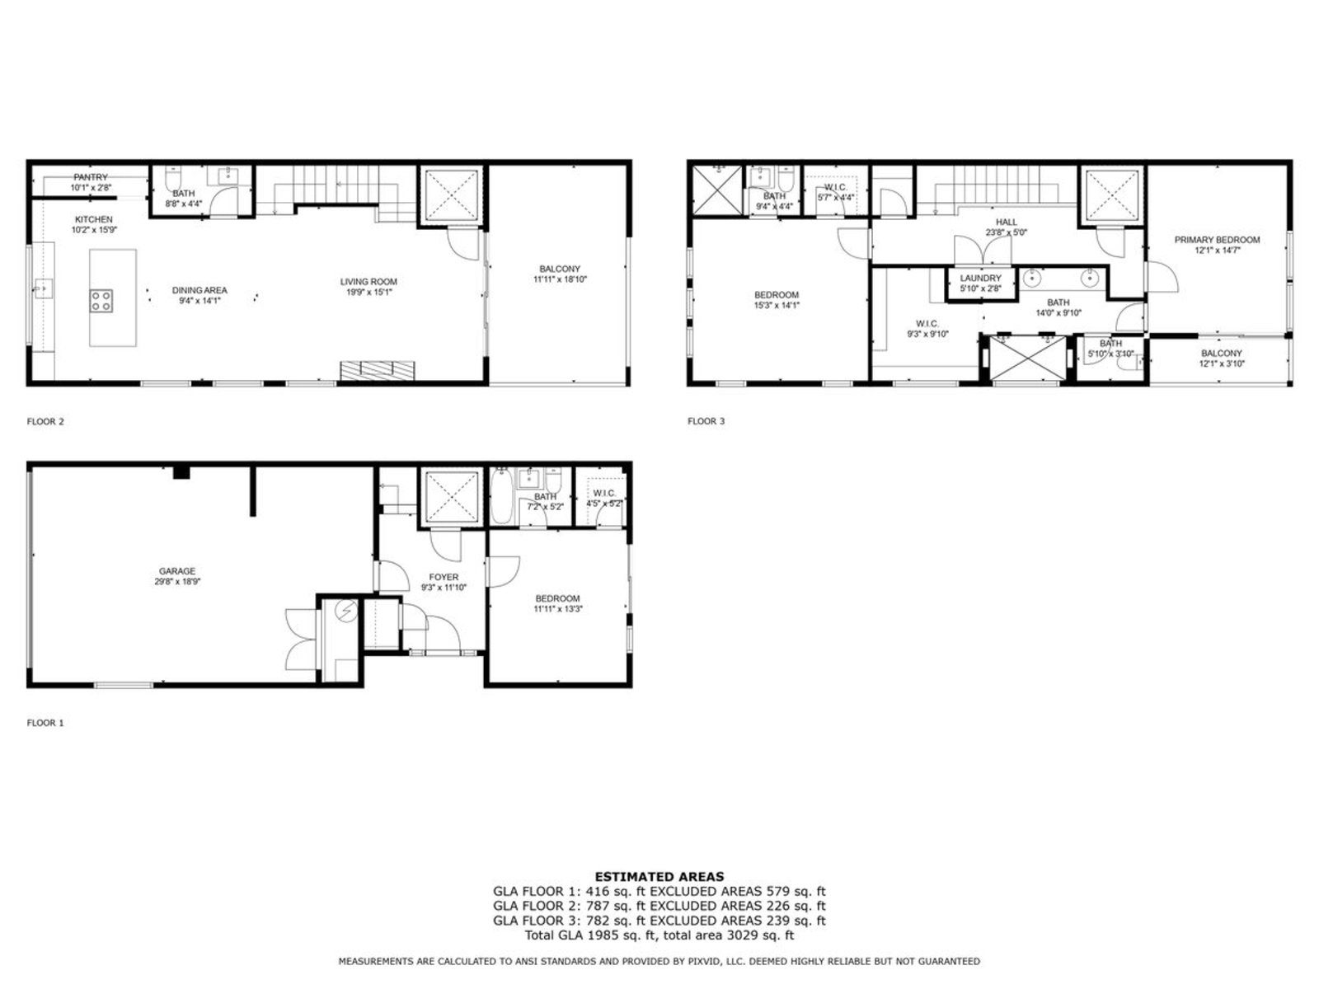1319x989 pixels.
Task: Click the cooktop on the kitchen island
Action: (x=101, y=301)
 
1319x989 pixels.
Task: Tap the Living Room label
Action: (x=368, y=282)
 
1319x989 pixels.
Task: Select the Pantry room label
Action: (x=91, y=177)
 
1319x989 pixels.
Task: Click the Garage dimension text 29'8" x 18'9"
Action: (x=177, y=581)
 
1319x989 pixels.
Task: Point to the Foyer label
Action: (x=444, y=577)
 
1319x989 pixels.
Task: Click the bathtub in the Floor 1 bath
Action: (x=501, y=496)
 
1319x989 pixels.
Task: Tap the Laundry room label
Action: (x=981, y=278)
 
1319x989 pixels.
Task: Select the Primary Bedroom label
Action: (x=1217, y=240)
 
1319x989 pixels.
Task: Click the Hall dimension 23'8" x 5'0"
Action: (x=1006, y=232)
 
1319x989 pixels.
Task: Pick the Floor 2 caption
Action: (x=45, y=421)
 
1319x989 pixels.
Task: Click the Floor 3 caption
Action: (x=706, y=421)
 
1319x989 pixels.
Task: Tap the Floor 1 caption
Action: (x=45, y=723)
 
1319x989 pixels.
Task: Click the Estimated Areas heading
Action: (x=659, y=877)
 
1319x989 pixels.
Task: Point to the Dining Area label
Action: (x=199, y=290)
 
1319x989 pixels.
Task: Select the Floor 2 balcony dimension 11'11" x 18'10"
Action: (x=560, y=279)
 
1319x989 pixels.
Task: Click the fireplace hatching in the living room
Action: (x=378, y=371)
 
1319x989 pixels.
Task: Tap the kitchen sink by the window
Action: (x=43, y=288)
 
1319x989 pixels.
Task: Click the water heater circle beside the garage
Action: (x=346, y=612)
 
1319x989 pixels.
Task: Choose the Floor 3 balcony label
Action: (x=1221, y=354)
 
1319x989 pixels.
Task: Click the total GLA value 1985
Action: (x=602, y=935)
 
